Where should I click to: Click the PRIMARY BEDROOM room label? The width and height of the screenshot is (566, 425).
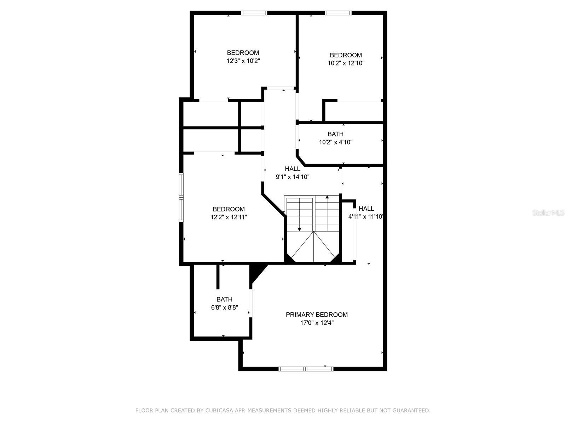(x=317, y=314)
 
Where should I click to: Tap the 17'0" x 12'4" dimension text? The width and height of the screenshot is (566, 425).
(x=317, y=323)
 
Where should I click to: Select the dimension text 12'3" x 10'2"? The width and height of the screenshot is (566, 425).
(x=243, y=61)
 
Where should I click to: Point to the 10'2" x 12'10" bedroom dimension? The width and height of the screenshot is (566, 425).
(x=346, y=63)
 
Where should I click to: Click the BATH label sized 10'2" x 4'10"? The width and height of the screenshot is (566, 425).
(x=335, y=134)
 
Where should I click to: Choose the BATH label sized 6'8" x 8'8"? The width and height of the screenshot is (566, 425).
(x=224, y=299)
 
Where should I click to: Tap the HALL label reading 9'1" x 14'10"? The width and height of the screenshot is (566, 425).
(x=293, y=169)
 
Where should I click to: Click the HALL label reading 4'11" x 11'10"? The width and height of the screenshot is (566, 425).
(x=366, y=209)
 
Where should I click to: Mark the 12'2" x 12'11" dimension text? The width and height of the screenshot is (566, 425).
(x=229, y=217)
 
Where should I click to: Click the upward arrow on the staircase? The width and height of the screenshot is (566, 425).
(x=327, y=213)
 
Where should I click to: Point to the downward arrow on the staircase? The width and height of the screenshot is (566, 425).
(x=299, y=214)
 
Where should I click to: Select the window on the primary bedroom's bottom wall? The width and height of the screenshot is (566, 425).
(x=306, y=369)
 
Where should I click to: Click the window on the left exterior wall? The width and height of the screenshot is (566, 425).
(x=181, y=197)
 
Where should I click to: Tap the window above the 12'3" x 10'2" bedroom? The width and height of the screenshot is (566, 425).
(x=254, y=13)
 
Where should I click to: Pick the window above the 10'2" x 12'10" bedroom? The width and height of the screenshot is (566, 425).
(x=338, y=13)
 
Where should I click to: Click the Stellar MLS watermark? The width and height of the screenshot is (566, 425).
(x=548, y=213)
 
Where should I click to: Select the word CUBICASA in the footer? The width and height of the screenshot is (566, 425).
(x=216, y=410)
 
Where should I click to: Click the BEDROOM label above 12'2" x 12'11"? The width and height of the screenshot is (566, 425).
(x=229, y=209)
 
